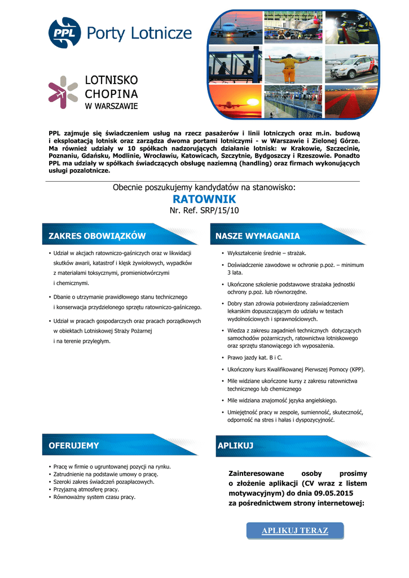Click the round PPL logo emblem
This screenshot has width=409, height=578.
tap(64, 33)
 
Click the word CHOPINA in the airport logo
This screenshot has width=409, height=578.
tap(111, 93)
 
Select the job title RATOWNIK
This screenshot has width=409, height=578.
tap(204, 199)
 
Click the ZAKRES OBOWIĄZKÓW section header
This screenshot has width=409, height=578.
tap(97, 236)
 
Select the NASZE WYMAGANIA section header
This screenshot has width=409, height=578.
tap(258, 236)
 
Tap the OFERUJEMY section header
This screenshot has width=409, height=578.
tap(74, 445)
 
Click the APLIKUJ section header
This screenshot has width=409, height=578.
tap(235, 446)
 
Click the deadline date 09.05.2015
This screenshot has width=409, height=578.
tap(338, 493)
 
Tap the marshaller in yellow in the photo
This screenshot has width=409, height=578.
tap(288, 68)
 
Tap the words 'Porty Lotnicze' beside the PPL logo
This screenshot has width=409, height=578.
tap(139, 33)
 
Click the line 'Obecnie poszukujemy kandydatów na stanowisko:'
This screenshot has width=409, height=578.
tap(204, 187)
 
